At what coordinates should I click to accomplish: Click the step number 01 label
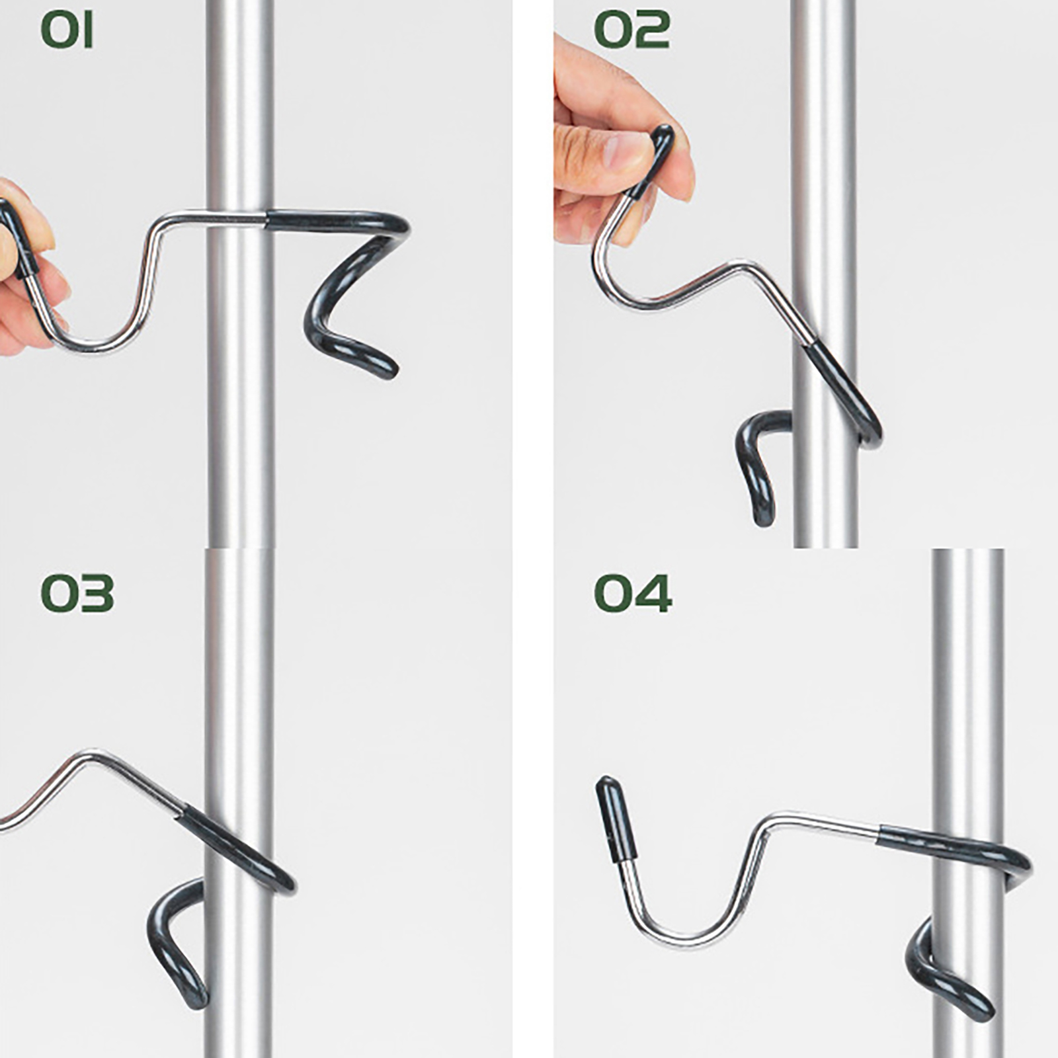click(x=67, y=30)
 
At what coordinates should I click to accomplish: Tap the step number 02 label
click(x=631, y=30)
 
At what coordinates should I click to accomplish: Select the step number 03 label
click(x=77, y=592)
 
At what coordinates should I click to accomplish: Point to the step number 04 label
click(x=633, y=592)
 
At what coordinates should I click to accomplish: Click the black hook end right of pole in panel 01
click(x=350, y=317)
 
